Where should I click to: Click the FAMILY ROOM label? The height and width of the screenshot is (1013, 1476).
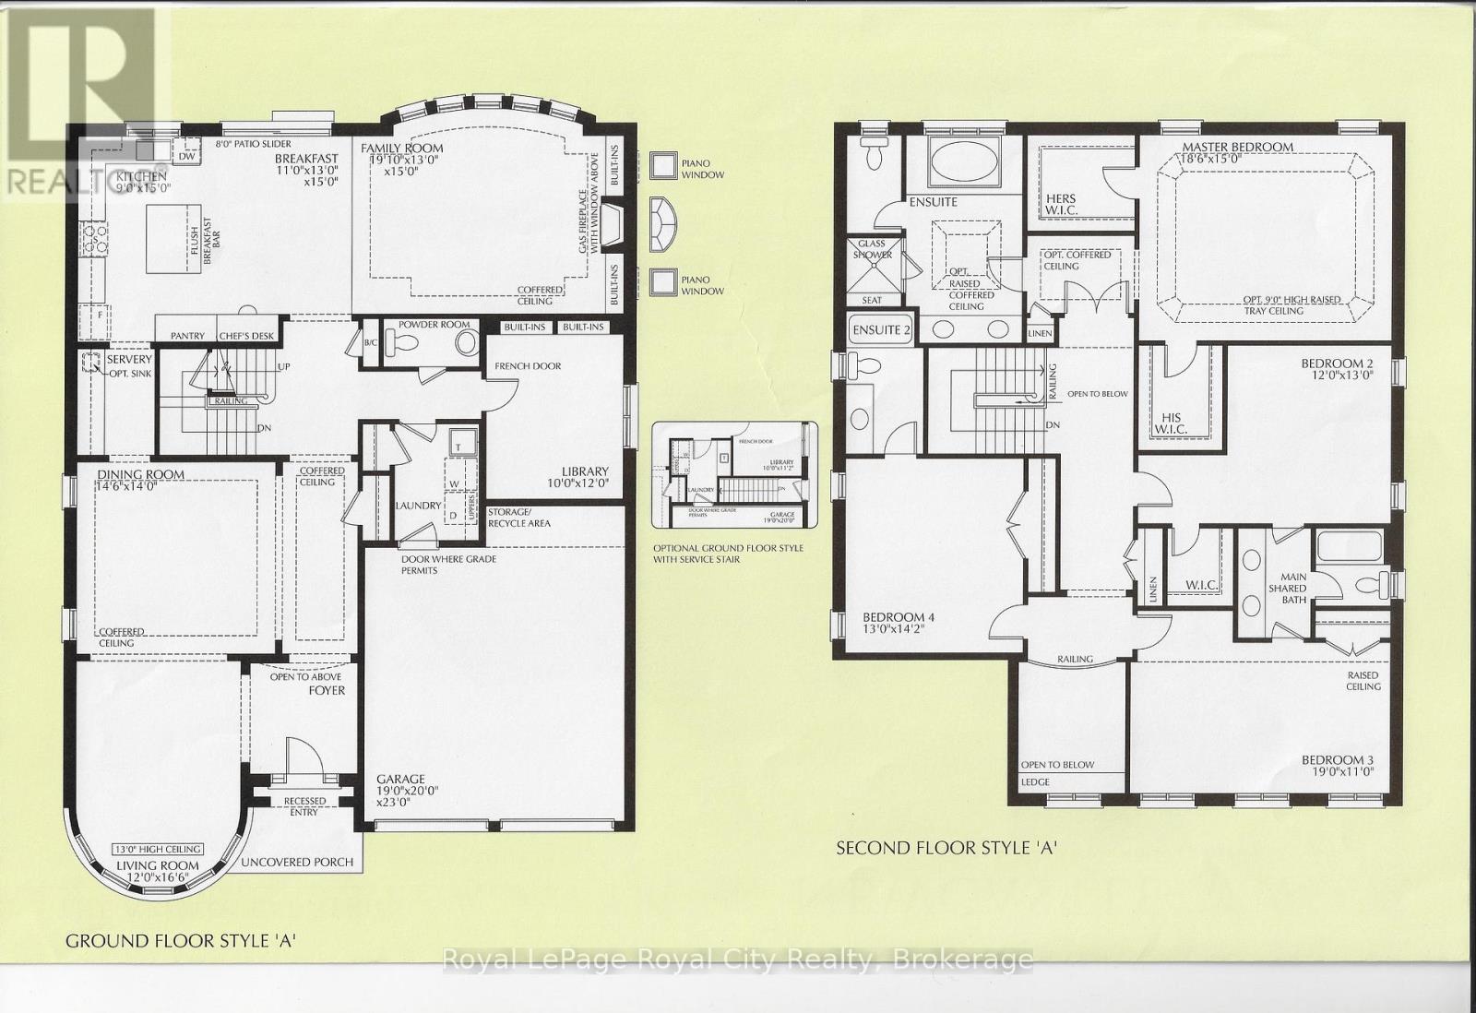coord(401,149)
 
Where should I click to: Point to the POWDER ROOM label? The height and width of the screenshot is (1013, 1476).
coord(434,325)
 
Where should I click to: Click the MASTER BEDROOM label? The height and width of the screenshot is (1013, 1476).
coord(1237,147)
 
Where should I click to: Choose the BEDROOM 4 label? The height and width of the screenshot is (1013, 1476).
coord(893,617)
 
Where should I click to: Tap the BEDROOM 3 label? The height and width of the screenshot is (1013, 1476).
coord(1338,760)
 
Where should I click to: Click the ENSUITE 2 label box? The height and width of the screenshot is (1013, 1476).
coord(881,330)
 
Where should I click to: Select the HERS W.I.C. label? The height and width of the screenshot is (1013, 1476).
coord(1061,205)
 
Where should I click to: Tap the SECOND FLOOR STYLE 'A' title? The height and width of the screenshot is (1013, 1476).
coord(945,848)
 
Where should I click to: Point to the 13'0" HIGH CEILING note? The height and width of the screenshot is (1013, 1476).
coord(158,850)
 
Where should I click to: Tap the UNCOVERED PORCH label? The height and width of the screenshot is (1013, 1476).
coord(297,862)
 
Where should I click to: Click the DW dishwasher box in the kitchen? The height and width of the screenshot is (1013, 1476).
coord(187,157)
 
